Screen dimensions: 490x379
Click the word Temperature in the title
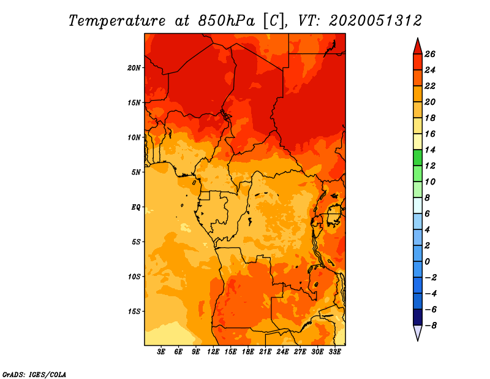click(x=117, y=21)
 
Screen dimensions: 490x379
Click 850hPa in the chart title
click(x=226, y=21)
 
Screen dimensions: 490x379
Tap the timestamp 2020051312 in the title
click(x=375, y=21)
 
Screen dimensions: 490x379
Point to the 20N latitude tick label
click(x=134, y=68)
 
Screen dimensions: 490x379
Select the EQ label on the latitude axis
click(x=136, y=207)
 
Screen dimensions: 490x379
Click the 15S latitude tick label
click(x=134, y=312)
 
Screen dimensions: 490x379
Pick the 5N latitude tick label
click(x=136, y=172)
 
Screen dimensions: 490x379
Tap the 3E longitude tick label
click(x=161, y=352)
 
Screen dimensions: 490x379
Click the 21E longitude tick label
click(x=265, y=352)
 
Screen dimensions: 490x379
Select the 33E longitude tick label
click(x=334, y=352)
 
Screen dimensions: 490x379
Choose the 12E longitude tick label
click(x=213, y=352)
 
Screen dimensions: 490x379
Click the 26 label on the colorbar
click(x=430, y=54)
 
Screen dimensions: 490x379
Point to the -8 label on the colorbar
click(x=430, y=326)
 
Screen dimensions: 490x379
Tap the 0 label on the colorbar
click(x=427, y=262)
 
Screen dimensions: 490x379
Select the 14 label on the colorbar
click(x=430, y=150)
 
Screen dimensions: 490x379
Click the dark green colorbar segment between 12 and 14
click(x=418, y=158)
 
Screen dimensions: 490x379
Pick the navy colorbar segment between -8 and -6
click(x=418, y=317)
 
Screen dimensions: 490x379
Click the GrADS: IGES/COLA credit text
click(x=34, y=375)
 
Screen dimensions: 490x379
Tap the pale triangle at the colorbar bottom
click(x=418, y=332)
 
